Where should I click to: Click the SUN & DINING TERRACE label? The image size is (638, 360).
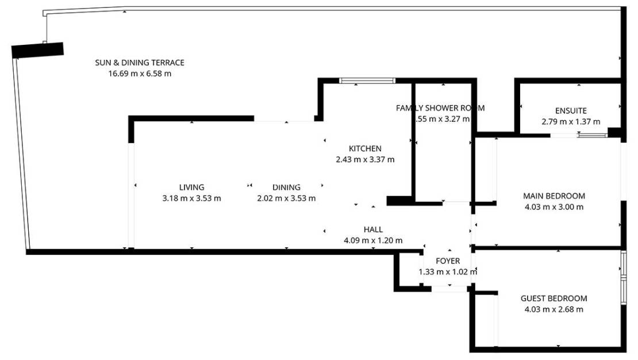(140, 63)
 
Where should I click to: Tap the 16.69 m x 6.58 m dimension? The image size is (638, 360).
(140, 74)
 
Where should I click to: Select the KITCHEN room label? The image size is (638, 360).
(365, 149)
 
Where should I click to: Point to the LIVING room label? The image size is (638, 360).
(191, 187)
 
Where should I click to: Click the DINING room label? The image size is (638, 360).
(286, 187)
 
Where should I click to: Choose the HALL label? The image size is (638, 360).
(373, 230)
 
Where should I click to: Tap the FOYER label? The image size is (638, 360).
(448, 261)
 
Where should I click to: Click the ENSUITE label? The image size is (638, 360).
(571, 111)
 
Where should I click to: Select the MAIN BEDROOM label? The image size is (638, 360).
(554, 196)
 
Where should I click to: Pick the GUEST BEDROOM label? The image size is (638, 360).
(554, 298)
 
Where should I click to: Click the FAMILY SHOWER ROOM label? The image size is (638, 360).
(440, 108)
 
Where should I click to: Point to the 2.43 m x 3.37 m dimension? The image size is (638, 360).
(365, 160)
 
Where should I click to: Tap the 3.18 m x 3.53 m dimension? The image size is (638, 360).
(191, 198)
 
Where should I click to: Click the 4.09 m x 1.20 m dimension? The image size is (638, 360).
(373, 241)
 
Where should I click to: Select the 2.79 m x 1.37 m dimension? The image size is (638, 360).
(571, 122)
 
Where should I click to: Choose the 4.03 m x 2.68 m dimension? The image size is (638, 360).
(554, 309)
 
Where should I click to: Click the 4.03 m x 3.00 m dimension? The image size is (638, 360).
(554, 207)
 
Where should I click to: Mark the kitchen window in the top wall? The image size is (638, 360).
(367, 81)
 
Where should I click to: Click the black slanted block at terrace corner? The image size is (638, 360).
(37, 50)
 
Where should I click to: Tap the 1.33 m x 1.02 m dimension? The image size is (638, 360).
(448, 272)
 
